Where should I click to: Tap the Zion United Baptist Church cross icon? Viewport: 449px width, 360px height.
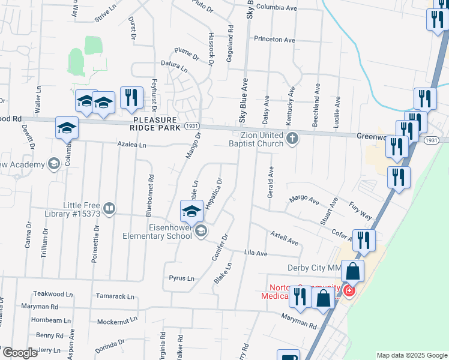[292, 139]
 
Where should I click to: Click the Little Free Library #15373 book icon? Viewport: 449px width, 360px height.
[109, 209]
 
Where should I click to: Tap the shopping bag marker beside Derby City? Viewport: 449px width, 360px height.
[354, 272]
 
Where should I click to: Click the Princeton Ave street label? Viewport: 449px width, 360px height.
[274, 40]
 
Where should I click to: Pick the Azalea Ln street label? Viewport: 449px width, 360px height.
[131, 145]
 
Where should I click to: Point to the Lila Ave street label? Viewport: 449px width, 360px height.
[256, 254]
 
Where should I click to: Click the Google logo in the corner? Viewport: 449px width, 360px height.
[19, 353]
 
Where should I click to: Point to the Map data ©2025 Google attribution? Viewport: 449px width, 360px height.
[412, 355]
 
